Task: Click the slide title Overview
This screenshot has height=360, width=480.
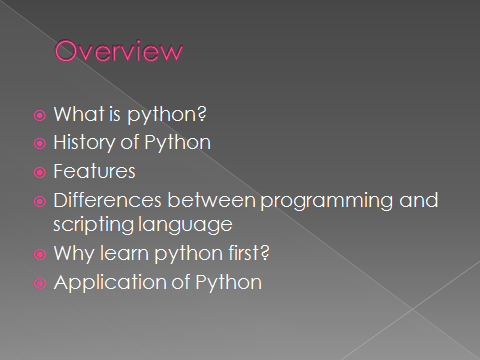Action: point(119,51)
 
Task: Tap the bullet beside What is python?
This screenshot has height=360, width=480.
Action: point(40,115)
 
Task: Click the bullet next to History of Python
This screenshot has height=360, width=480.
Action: point(40,143)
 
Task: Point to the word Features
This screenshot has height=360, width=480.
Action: point(95,171)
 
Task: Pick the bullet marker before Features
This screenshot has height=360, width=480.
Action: point(40,171)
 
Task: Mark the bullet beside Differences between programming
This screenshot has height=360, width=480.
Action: point(40,199)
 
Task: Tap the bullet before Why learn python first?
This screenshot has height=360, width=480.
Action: point(40,255)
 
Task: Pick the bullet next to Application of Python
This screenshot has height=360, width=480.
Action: point(40,283)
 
